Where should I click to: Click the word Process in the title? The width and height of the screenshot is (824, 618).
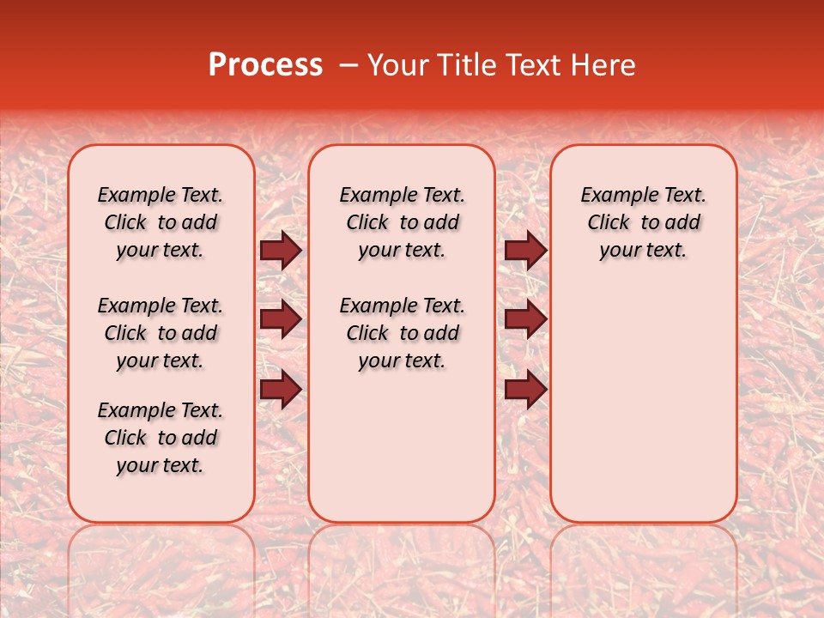click(x=265, y=65)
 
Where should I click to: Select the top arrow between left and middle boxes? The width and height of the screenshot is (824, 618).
click(x=281, y=251)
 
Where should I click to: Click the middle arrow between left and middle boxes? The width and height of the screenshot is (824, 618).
click(x=281, y=320)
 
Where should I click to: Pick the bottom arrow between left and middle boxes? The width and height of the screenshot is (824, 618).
click(x=281, y=390)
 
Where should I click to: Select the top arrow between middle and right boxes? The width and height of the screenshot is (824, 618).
click(x=525, y=251)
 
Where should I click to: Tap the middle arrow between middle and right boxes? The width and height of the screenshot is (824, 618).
click(x=525, y=320)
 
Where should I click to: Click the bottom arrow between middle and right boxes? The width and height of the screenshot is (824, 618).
click(x=525, y=390)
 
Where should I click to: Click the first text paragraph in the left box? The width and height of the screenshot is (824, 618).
click(x=161, y=222)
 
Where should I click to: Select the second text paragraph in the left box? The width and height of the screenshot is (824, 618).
click(x=161, y=333)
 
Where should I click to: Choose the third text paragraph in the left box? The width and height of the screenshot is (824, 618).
click(x=161, y=438)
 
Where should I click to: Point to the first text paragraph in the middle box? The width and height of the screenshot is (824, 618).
click(x=402, y=222)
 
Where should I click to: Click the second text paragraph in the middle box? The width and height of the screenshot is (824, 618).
click(x=402, y=333)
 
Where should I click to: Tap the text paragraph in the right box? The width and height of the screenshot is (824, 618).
click(x=643, y=222)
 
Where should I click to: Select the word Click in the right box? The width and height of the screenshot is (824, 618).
click(x=609, y=223)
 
